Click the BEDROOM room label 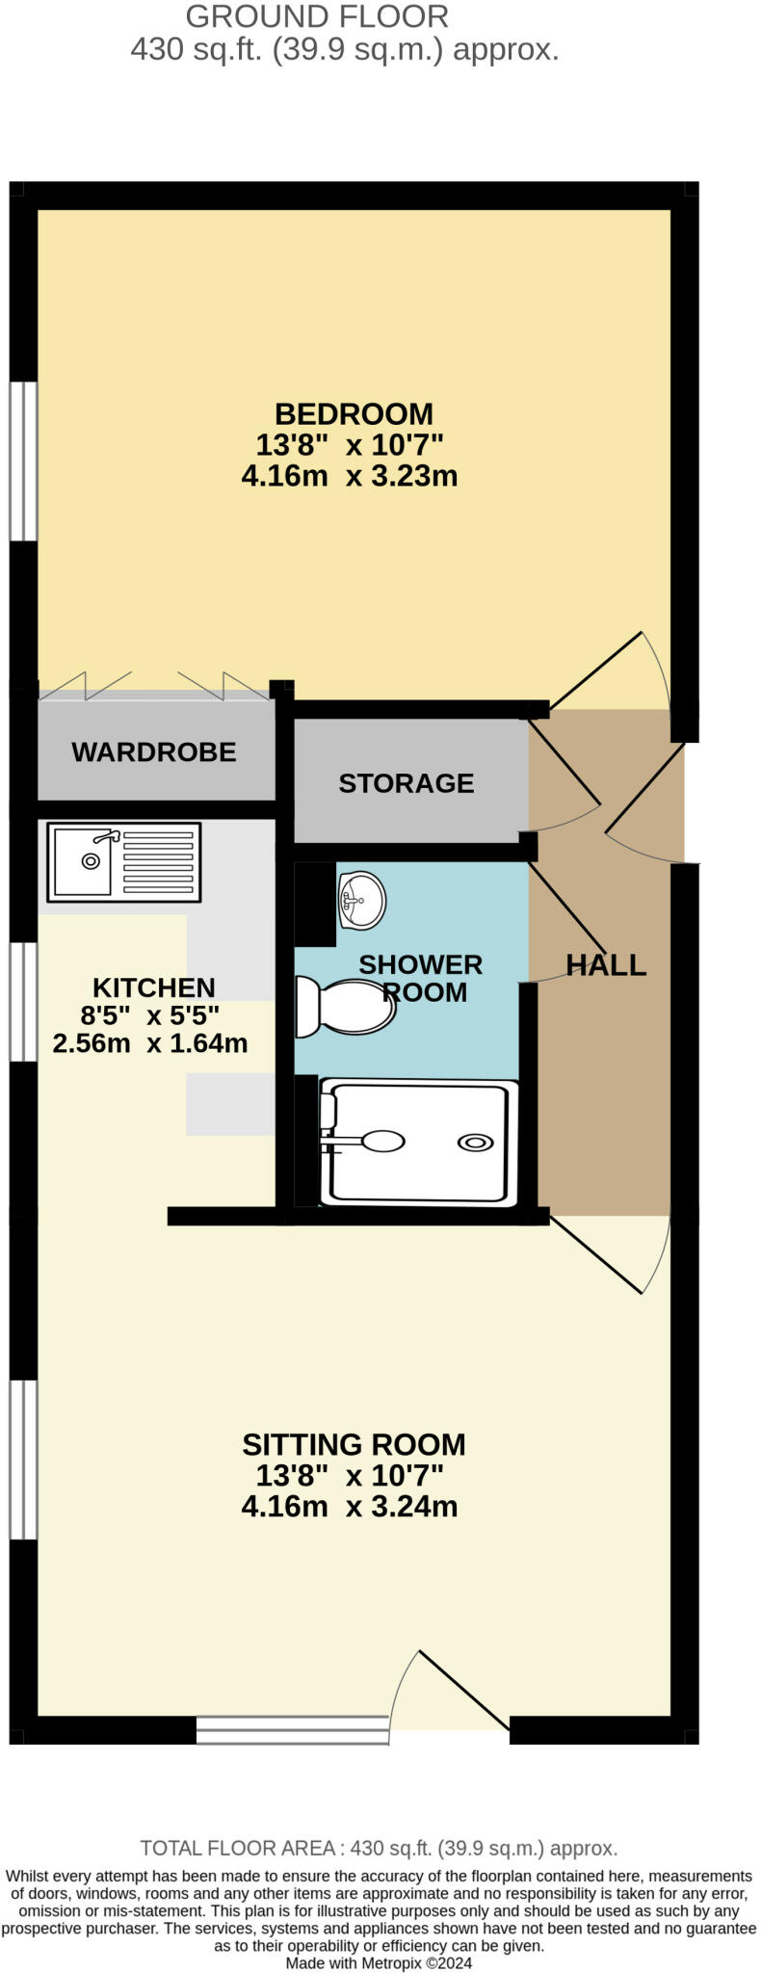point(354,414)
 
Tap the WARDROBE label point(154,752)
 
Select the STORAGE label point(406,783)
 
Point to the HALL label point(605,965)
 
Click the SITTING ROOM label point(354,1444)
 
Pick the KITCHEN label point(153,987)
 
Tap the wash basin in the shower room point(361,901)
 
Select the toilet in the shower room point(345,1008)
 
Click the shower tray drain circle point(475,1143)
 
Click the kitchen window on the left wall point(23,1001)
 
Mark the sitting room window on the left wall point(23,1459)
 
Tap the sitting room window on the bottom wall point(292,1730)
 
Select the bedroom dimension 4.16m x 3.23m point(349,476)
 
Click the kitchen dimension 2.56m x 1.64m point(150,1042)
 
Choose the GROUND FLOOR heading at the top point(317,16)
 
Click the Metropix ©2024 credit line point(379,1962)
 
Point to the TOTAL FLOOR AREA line point(379,1849)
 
